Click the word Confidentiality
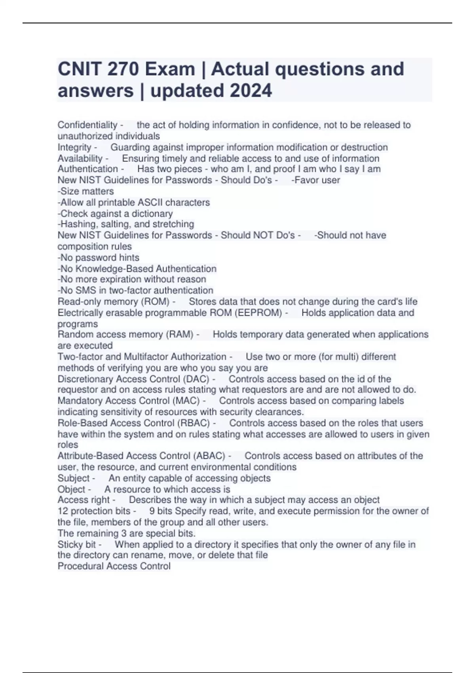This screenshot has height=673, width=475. tap(87, 125)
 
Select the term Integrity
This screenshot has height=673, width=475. tap(74, 147)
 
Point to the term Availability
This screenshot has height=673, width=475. tap(80, 158)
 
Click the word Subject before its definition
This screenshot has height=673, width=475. tap(74, 478)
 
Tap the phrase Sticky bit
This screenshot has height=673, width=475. tap(77, 544)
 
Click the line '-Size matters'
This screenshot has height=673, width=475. tap(85, 191)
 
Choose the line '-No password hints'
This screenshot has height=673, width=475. tap(98, 257)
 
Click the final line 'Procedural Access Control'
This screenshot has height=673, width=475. tap(114, 566)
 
